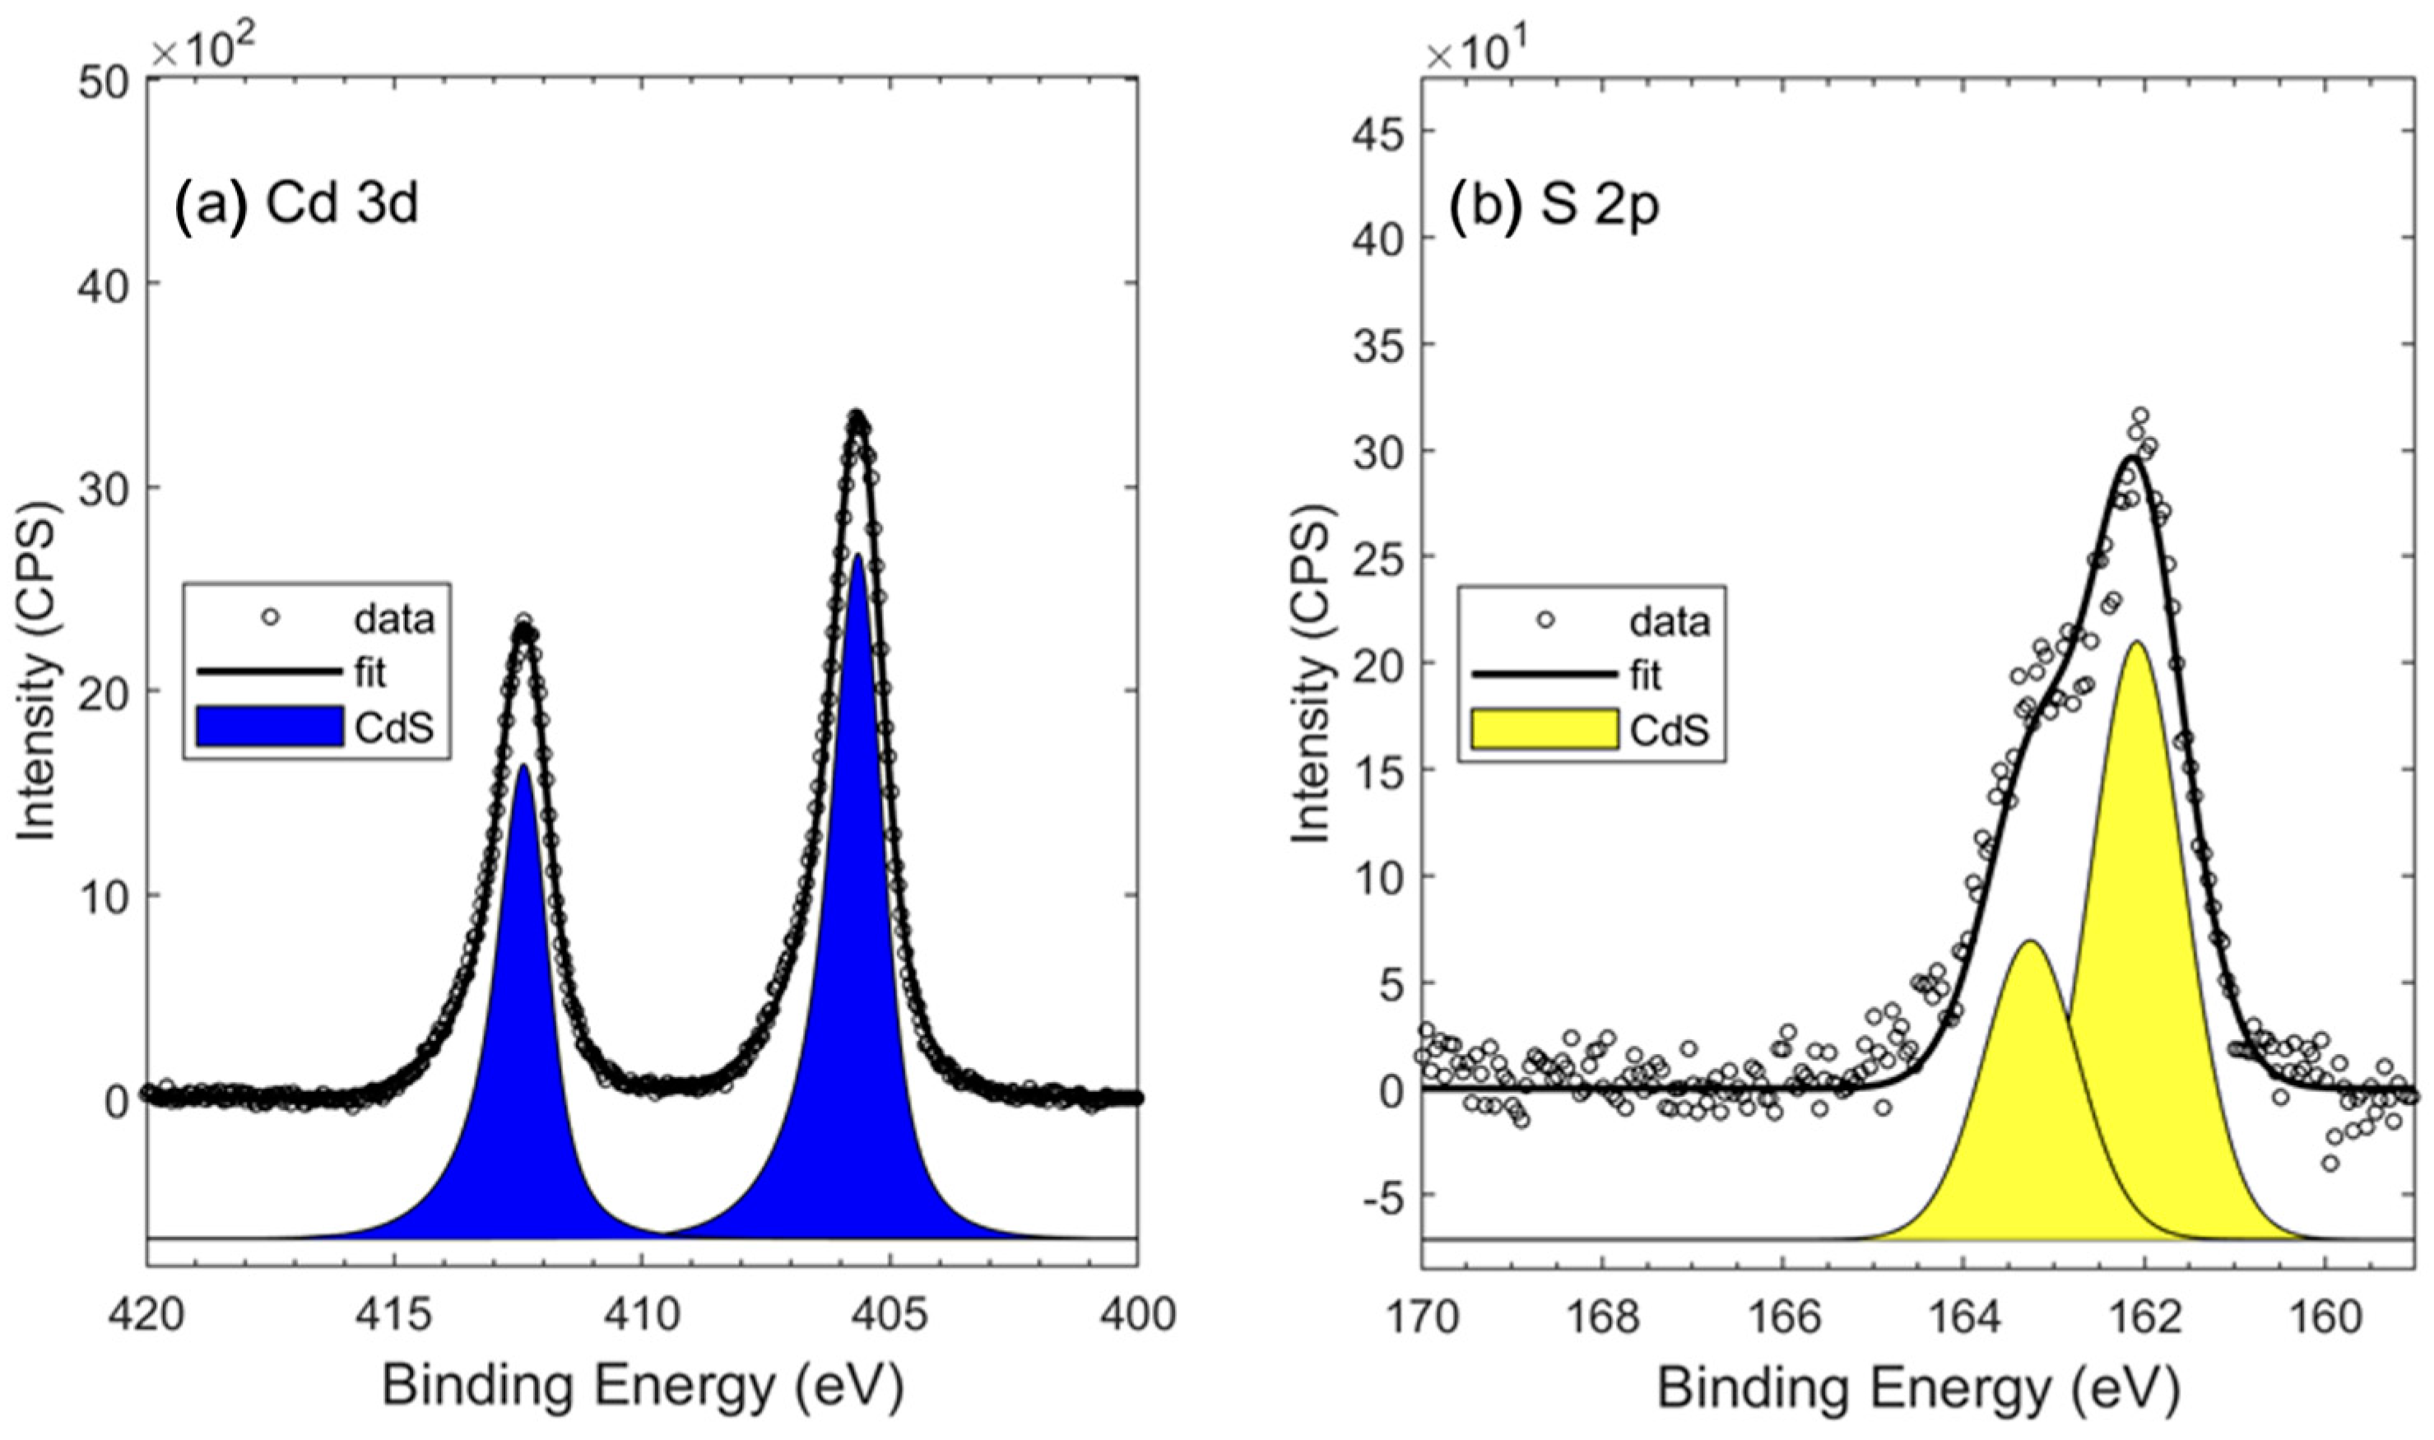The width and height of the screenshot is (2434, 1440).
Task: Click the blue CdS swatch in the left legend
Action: click(x=270, y=727)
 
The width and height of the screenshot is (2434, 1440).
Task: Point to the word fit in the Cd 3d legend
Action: click(x=369, y=672)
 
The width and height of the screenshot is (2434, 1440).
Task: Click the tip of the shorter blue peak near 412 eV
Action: click(x=524, y=768)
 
